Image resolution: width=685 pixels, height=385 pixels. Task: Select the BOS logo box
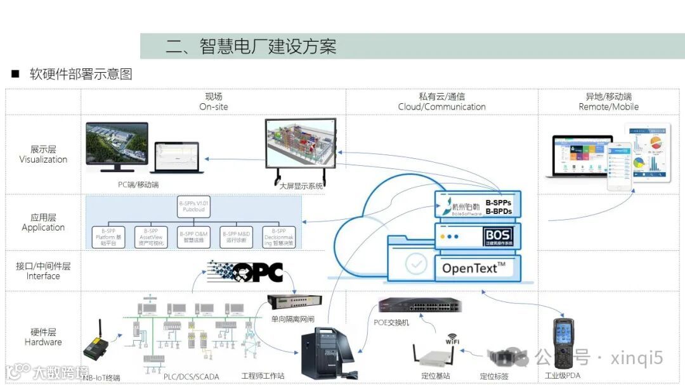coord(498,237)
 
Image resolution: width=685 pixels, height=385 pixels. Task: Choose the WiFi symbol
coord(452,339)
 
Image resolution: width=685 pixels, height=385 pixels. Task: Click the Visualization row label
coord(43,155)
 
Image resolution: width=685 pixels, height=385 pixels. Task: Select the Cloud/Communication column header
coord(441,101)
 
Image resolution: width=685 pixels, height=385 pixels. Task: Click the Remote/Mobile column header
coord(608,101)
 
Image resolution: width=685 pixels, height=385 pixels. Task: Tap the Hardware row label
coord(43,337)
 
